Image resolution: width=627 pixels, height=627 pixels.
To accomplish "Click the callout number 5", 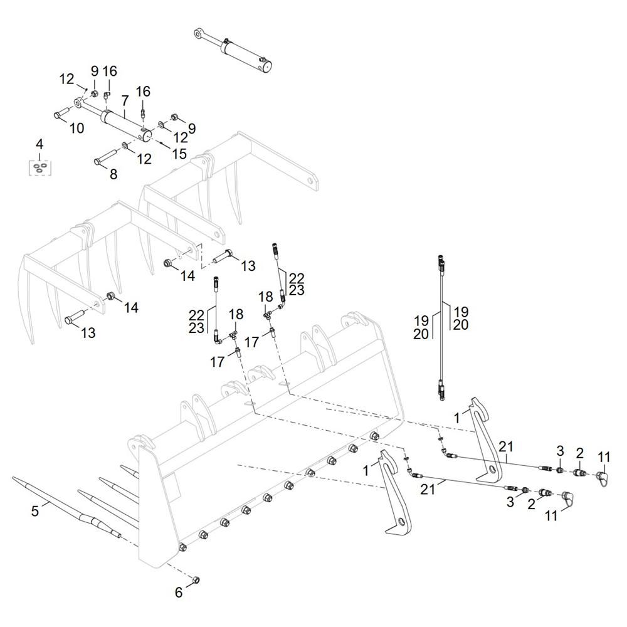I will point(35,511).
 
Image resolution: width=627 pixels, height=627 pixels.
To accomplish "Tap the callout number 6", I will point(179,591).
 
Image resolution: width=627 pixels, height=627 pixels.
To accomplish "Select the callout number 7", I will point(125,100).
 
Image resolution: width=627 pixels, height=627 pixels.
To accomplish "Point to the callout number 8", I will point(113,175).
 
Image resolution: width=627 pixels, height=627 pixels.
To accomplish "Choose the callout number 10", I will point(76,129).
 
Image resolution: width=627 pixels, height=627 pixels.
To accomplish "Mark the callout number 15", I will point(180,154).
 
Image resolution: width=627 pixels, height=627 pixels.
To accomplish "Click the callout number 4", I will point(40,145).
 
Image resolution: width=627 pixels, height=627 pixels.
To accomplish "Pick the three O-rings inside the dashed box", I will point(40,167).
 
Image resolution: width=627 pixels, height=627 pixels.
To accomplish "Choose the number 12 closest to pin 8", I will point(144,159).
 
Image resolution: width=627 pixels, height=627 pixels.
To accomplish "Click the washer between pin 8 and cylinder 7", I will point(127,147).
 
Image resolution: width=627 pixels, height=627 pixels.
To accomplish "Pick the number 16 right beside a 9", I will point(110,71).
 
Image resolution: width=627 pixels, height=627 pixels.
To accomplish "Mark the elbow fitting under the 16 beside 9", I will point(107,95).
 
